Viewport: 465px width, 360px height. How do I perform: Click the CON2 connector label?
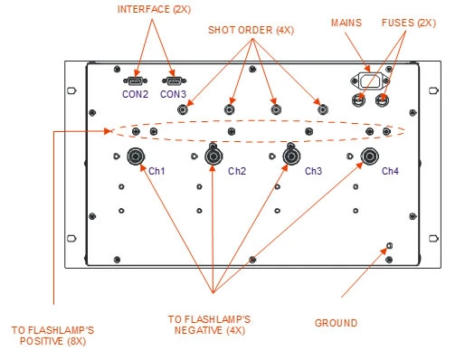[135, 94]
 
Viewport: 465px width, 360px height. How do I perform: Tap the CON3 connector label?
[173, 94]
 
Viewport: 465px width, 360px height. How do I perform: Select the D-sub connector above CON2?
[136, 81]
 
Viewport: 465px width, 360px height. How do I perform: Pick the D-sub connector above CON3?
[174, 81]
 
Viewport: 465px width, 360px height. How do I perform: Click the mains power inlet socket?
[370, 81]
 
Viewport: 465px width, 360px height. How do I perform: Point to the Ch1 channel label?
[157, 171]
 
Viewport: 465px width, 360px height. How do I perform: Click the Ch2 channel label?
[237, 171]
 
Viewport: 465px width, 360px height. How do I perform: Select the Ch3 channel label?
[313, 171]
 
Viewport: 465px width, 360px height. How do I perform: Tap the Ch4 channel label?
[390, 171]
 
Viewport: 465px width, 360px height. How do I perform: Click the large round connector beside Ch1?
[136, 156]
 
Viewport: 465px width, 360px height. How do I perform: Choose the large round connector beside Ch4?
[370, 156]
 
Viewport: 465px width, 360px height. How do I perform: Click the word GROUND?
[336, 323]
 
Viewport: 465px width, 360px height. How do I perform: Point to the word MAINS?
[346, 23]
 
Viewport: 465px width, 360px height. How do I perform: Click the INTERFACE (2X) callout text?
[154, 9]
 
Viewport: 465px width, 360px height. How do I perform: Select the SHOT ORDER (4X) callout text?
[251, 30]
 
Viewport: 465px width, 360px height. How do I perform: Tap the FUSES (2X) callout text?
[409, 23]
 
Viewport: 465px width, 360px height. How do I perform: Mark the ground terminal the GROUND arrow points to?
[389, 246]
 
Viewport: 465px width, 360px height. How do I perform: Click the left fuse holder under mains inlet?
[358, 99]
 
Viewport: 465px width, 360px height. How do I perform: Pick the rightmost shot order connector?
[323, 109]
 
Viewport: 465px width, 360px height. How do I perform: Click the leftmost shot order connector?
[183, 109]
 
